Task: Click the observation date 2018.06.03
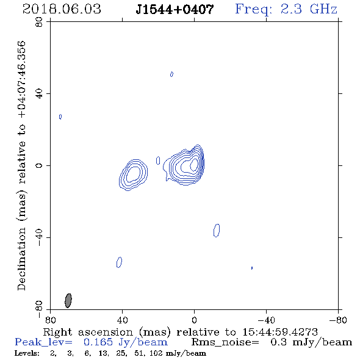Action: [x=62, y=9]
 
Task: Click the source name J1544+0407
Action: [x=175, y=9]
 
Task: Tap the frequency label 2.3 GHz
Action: [x=309, y=9]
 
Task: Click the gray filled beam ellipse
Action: [x=68, y=300]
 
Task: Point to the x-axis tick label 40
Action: [x=122, y=320]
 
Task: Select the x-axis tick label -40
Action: [x=266, y=320]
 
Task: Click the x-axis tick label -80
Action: [x=338, y=320]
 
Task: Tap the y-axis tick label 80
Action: [x=39, y=22]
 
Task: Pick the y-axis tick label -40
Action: [x=39, y=237]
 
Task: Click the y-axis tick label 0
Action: [x=39, y=165]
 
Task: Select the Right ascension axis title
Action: [x=180, y=332]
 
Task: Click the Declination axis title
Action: [x=21, y=165]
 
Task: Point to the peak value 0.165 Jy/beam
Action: [x=125, y=342]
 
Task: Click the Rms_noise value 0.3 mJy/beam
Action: [x=311, y=342]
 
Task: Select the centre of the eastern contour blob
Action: [x=133, y=175]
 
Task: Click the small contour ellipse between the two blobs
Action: [x=158, y=160]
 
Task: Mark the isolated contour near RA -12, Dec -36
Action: [x=217, y=230]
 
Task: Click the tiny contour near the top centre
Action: [x=171, y=74]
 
